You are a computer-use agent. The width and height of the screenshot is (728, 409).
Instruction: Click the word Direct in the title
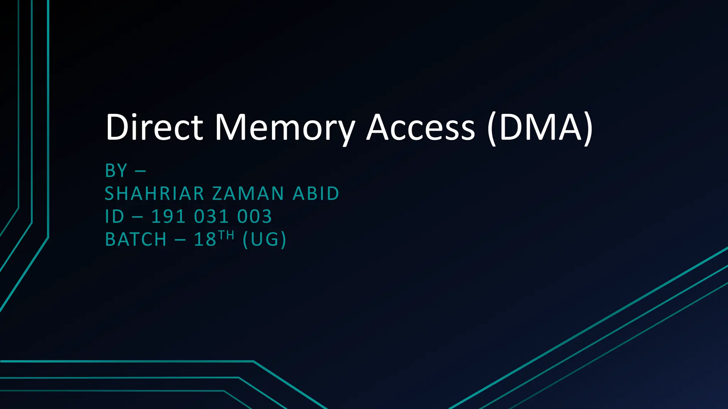154,127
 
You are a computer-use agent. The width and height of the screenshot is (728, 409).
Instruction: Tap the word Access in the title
421,127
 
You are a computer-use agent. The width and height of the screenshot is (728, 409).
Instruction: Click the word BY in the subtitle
116,171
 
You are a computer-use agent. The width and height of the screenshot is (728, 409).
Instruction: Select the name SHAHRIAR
154,194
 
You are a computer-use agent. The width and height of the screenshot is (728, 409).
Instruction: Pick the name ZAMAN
248,194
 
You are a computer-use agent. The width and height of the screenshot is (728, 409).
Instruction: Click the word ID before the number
114,217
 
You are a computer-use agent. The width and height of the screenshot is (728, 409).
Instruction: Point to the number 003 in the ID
255,217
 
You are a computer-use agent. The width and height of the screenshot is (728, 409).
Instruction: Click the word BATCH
136,239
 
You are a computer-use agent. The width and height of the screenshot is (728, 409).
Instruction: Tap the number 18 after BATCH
205,239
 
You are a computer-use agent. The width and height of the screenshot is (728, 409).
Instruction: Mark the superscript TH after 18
226,235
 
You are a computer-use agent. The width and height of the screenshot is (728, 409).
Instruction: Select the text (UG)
264,239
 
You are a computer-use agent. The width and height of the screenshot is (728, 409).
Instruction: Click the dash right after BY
140,171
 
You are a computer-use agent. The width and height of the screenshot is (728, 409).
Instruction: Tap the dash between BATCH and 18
180,240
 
